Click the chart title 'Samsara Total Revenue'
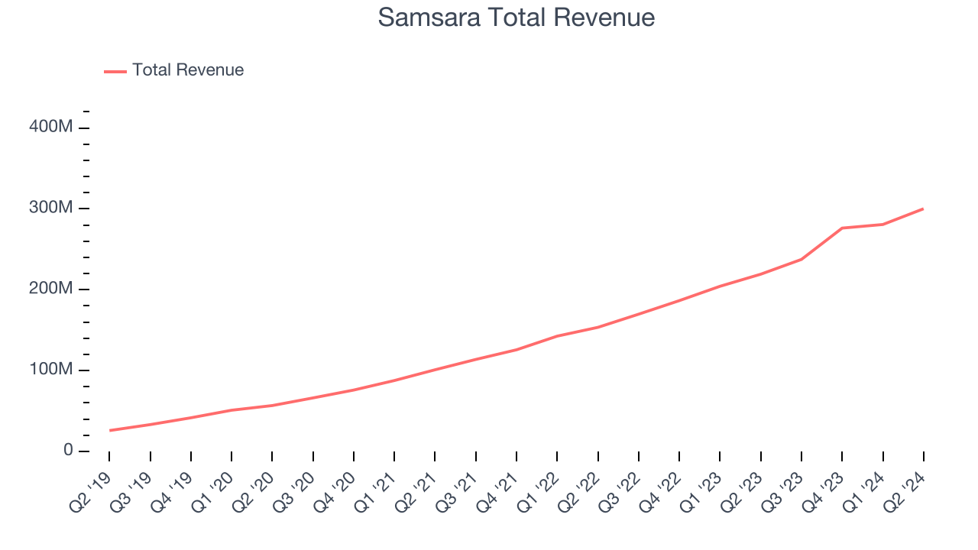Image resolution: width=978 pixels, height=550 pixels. (x=517, y=18)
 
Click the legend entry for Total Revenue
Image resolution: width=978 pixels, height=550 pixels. (x=187, y=70)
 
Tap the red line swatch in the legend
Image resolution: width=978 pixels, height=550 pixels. (x=115, y=71)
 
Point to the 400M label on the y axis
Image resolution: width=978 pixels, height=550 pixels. (x=51, y=127)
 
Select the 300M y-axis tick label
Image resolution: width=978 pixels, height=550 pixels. (x=51, y=208)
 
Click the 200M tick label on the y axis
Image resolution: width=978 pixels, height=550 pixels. (x=51, y=289)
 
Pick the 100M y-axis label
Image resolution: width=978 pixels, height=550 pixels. (x=51, y=370)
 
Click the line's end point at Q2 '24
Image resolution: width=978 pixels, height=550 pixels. (x=923, y=209)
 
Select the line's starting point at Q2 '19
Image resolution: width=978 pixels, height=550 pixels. (x=110, y=430)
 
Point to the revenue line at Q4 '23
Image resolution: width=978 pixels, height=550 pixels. (x=842, y=228)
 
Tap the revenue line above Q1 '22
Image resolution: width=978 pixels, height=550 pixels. (x=558, y=336)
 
